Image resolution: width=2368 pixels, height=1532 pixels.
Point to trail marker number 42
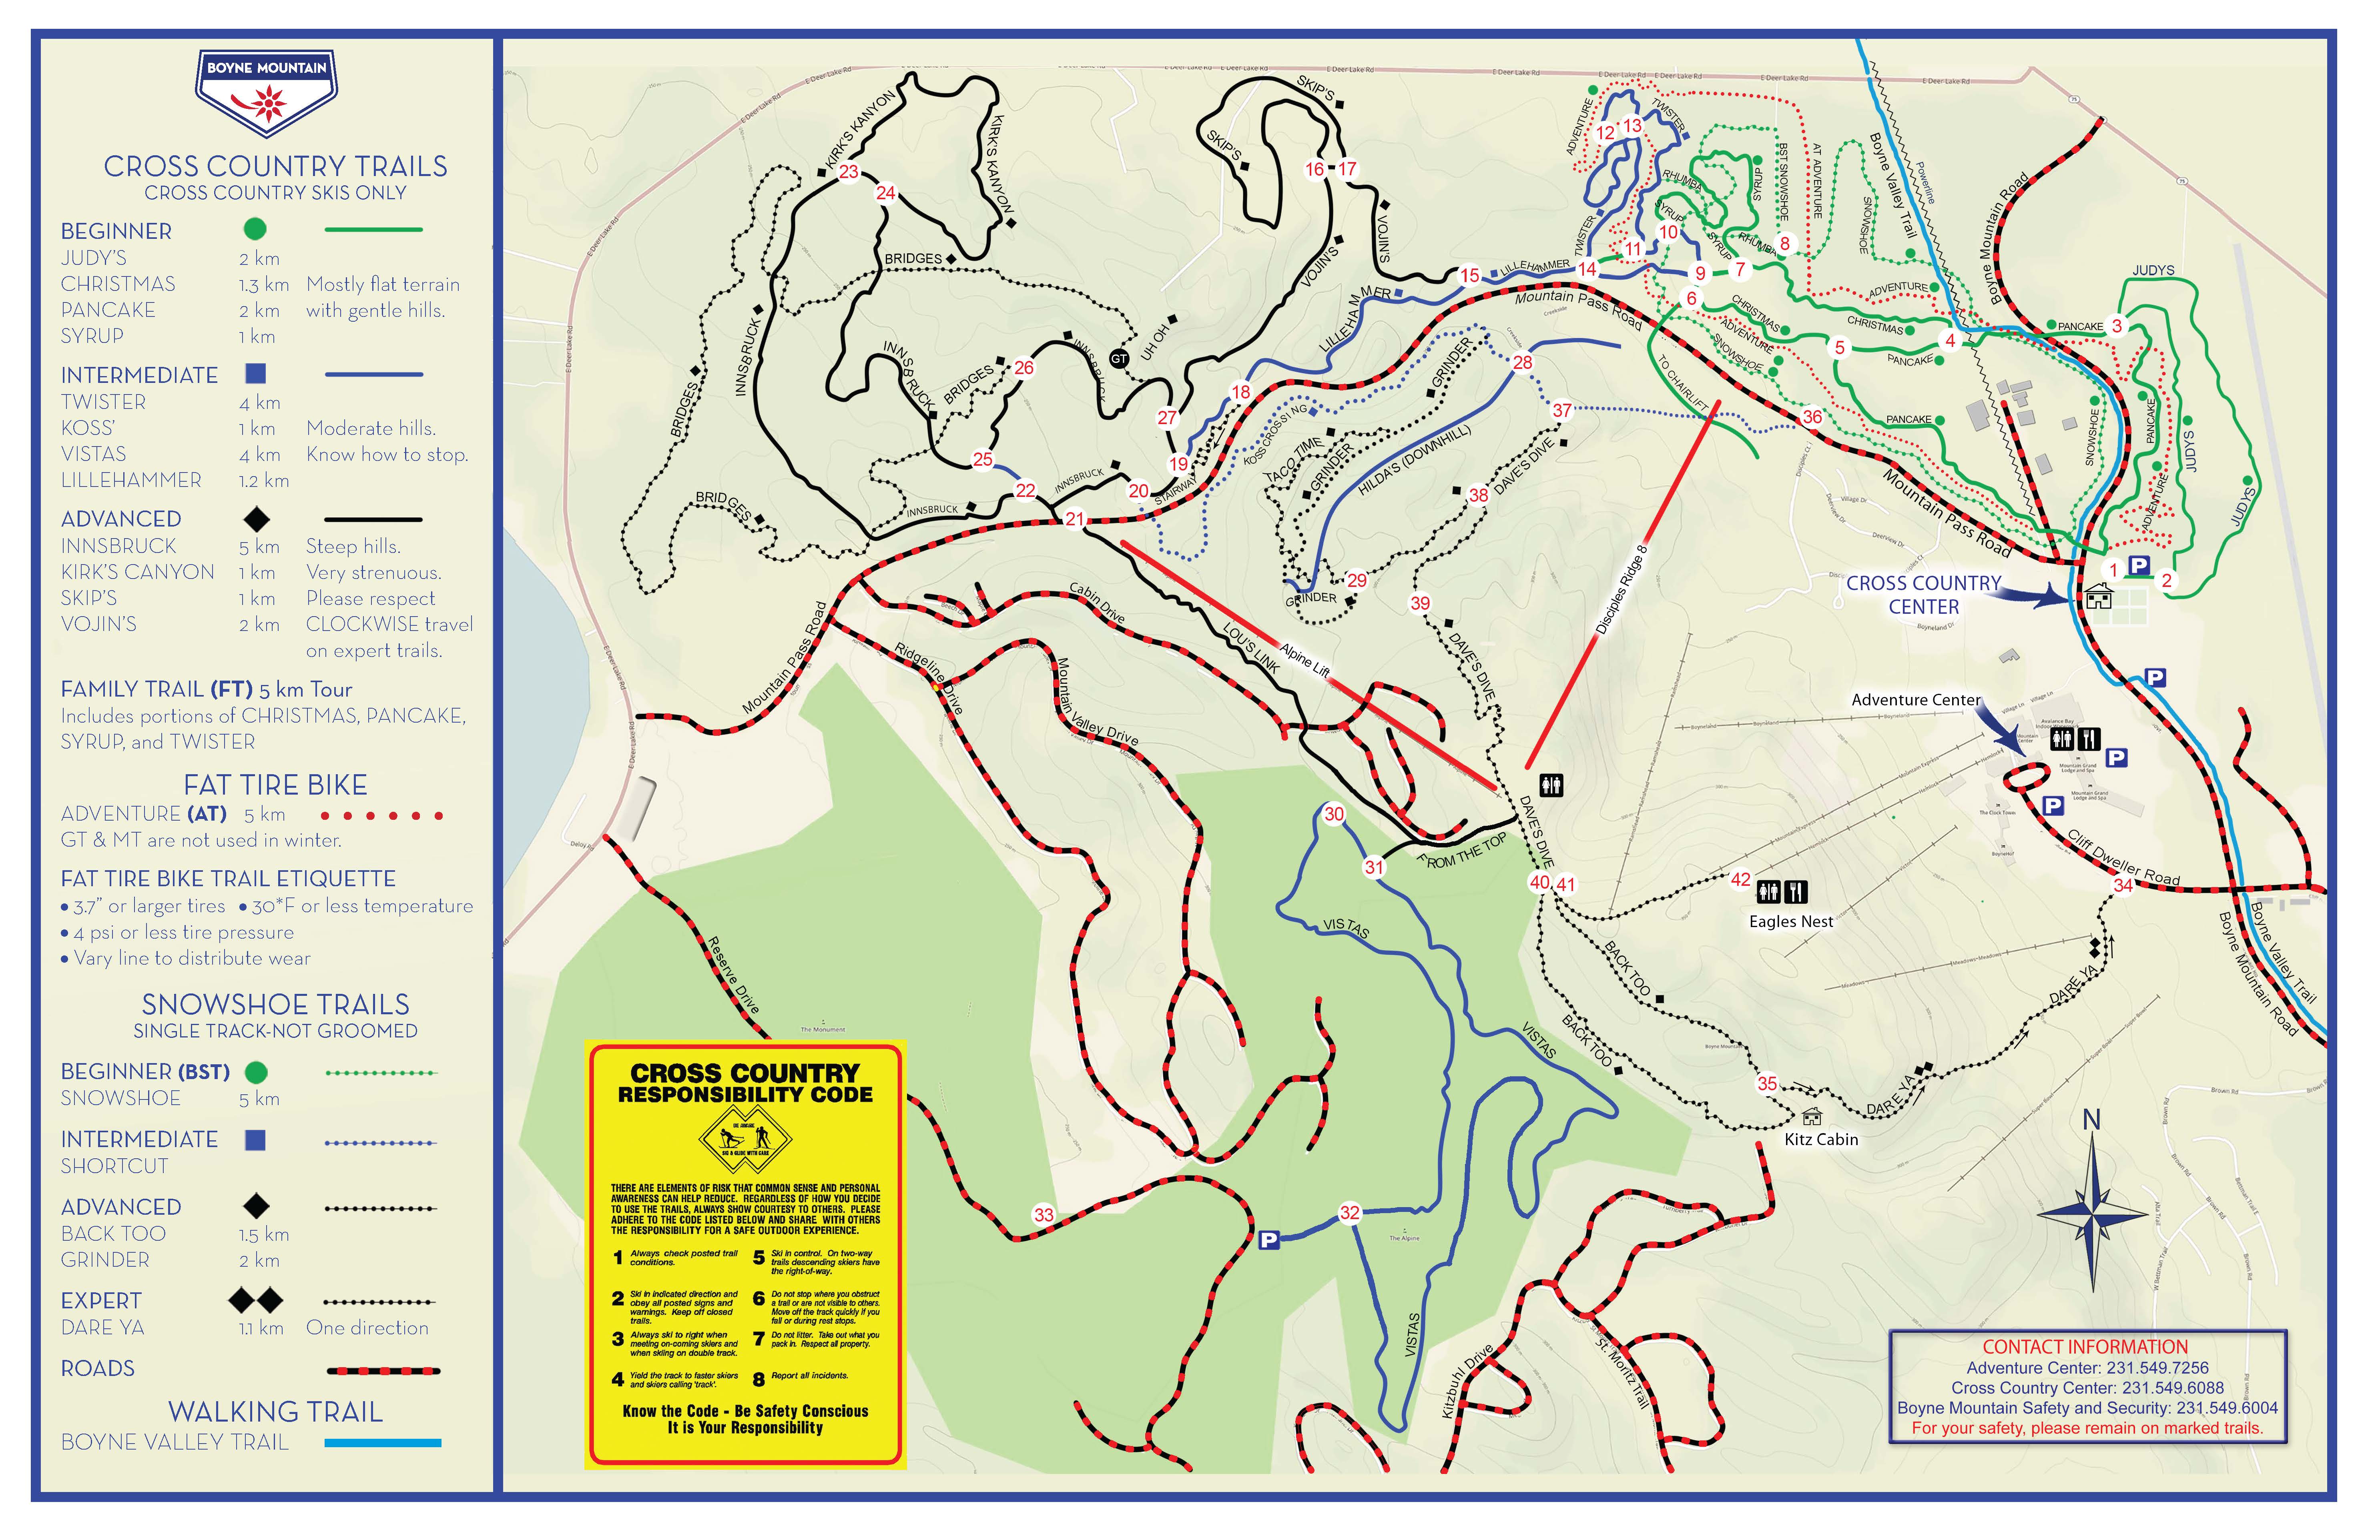[1740, 879]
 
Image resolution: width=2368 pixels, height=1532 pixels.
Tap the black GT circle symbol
[1119, 358]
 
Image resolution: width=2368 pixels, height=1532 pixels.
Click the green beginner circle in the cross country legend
[255, 229]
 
